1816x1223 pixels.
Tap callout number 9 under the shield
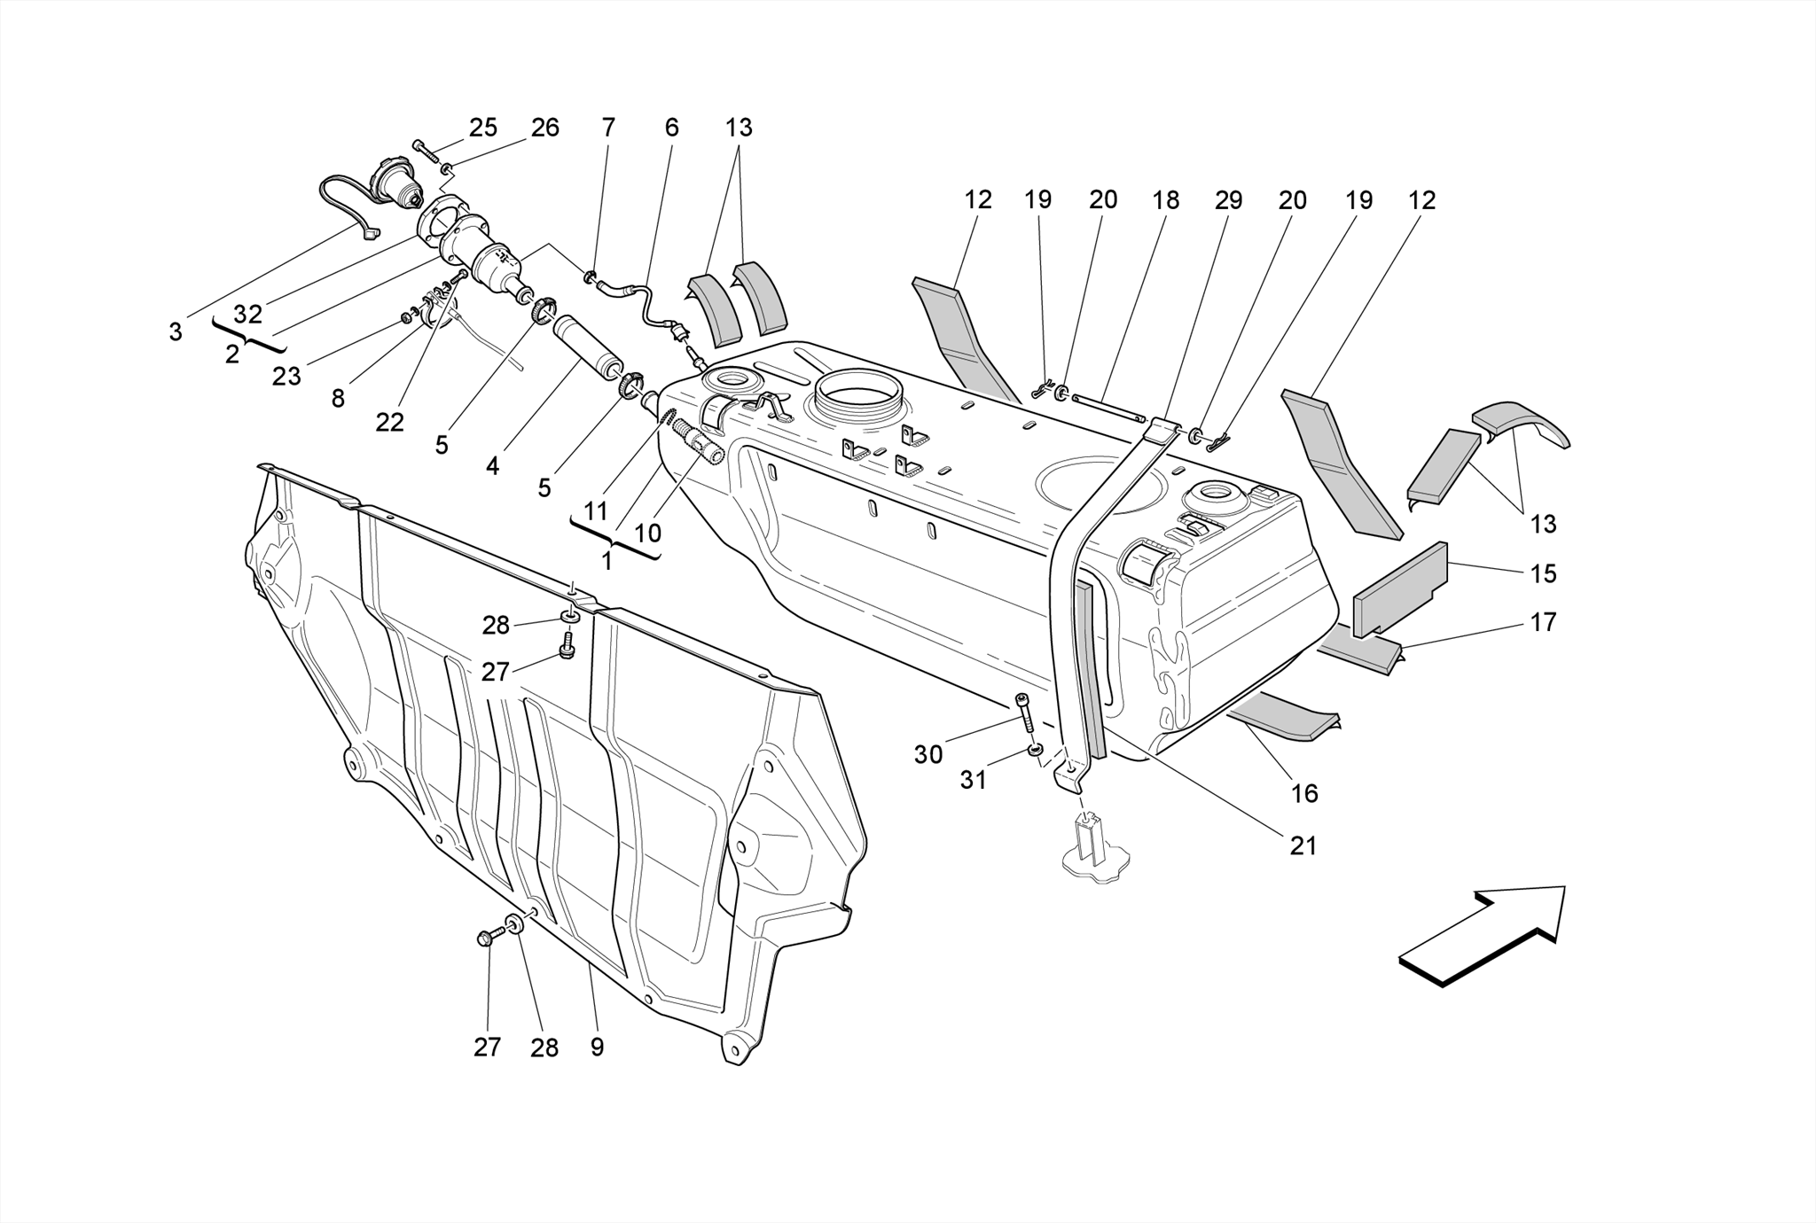[x=597, y=1048]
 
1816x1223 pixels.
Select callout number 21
[x=1303, y=846]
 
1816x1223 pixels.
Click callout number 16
[x=1304, y=793]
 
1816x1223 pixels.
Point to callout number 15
[x=1543, y=574]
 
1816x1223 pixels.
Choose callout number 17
[x=1543, y=623]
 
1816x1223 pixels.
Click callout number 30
[x=928, y=755]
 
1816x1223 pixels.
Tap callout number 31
[x=973, y=781]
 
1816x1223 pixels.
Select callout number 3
[x=176, y=332]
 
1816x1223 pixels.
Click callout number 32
[x=248, y=315]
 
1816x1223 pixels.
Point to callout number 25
[x=482, y=128]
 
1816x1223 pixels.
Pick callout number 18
[x=1165, y=201]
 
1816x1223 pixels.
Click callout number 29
[x=1228, y=201]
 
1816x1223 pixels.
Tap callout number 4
[x=492, y=465]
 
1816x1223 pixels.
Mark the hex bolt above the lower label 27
[x=485, y=938]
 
